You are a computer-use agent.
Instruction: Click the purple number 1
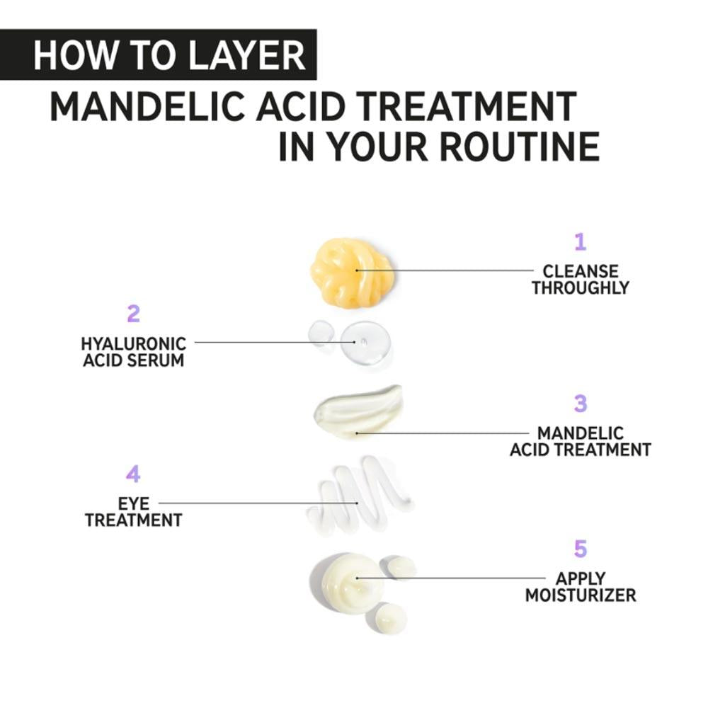pyautogui.click(x=581, y=243)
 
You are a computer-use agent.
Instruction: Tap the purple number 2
pyautogui.click(x=133, y=314)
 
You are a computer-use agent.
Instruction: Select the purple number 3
pyautogui.click(x=581, y=404)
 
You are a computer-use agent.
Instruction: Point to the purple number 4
pyautogui.click(x=133, y=474)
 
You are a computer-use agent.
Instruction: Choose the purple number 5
pyautogui.click(x=581, y=549)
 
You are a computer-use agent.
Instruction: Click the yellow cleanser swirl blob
pyautogui.click(x=352, y=272)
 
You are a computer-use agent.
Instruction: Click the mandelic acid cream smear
pyautogui.click(x=358, y=411)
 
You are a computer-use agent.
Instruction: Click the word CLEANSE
pyautogui.click(x=581, y=271)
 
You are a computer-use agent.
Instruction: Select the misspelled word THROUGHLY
pyautogui.click(x=581, y=288)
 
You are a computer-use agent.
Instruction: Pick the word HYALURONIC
pyautogui.click(x=133, y=344)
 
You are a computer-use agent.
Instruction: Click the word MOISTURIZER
pyautogui.click(x=581, y=595)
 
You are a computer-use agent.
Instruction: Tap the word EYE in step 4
pyautogui.click(x=133, y=504)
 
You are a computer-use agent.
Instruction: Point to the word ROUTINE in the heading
pyautogui.click(x=518, y=147)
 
